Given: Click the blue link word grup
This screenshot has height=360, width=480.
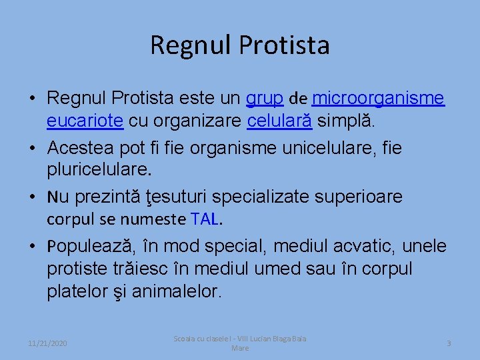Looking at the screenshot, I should point(265,99).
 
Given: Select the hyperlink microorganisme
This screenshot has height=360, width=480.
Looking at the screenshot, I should point(378,99).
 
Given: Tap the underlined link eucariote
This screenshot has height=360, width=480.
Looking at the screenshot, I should point(85,121).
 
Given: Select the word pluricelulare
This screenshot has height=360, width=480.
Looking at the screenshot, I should point(99,169).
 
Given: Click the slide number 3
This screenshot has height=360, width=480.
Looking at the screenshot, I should point(449,343).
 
